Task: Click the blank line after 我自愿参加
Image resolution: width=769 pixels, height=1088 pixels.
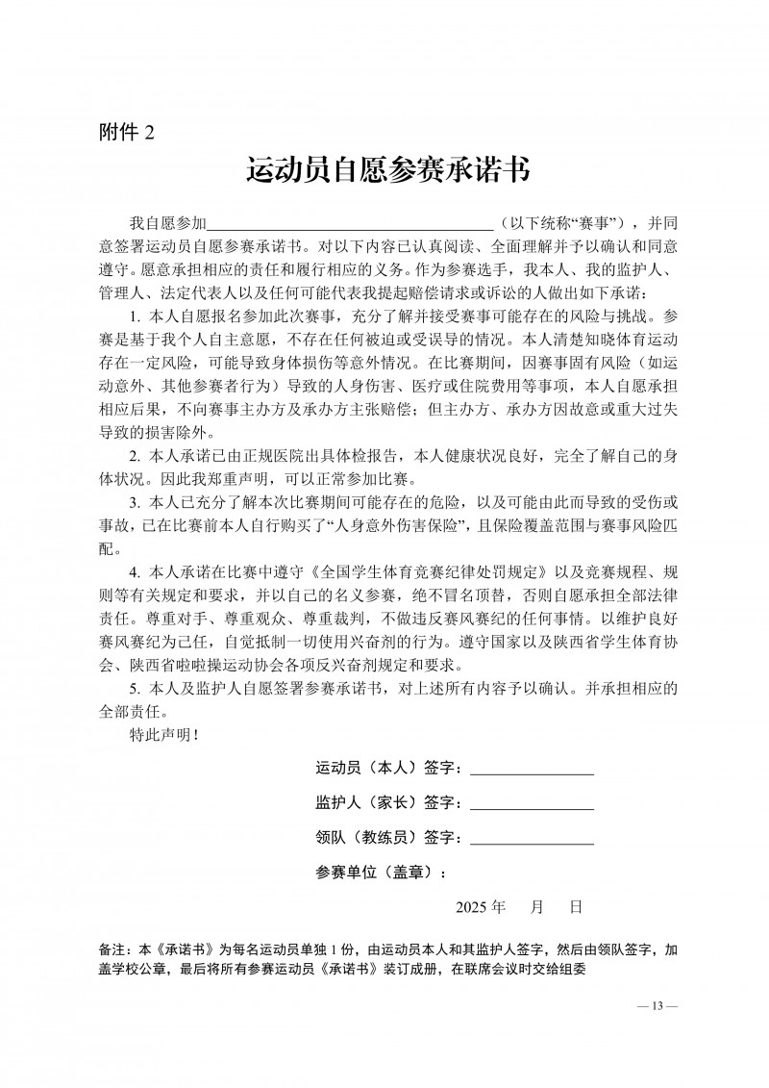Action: click(350, 221)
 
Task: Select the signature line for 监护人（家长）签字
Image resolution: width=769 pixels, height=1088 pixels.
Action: click(532, 802)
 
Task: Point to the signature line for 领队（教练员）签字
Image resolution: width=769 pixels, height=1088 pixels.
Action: click(532, 838)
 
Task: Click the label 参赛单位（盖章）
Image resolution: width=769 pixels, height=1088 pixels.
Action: click(381, 873)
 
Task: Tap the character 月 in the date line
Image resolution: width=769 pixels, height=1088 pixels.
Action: click(537, 907)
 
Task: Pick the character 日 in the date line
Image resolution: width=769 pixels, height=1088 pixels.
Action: click(576, 907)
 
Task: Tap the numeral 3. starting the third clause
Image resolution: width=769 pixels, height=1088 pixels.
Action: click(135, 502)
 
